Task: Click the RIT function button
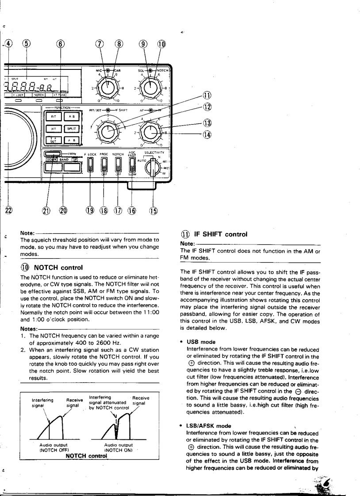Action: coord(53,117)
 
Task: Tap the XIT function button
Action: coord(53,129)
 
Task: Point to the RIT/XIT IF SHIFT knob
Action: coord(107,131)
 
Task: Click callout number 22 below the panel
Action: coord(8,210)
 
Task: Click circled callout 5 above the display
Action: coord(27,44)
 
